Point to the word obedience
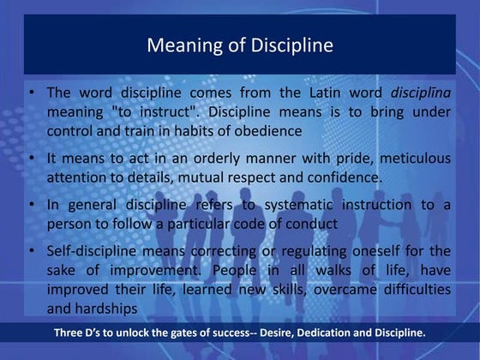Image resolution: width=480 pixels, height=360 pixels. [x=266, y=132]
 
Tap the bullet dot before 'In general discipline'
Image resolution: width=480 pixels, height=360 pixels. [x=31, y=205]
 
